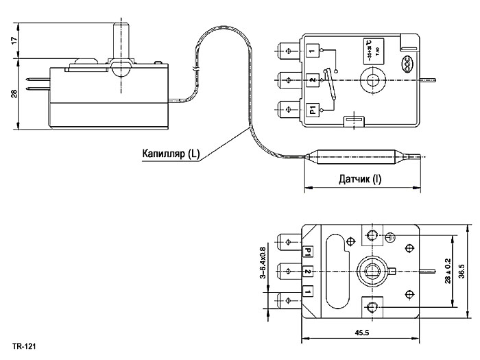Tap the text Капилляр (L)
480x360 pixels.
(x=171, y=153)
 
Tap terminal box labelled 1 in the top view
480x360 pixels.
(x=313, y=51)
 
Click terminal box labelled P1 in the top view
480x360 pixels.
(x=312, y=110)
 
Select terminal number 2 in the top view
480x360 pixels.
(x=313, y=81)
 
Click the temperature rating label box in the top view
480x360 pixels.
(x=370, y=52)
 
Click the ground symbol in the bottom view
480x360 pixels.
(x=389, y=237)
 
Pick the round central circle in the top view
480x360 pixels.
(x=374, y=81)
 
